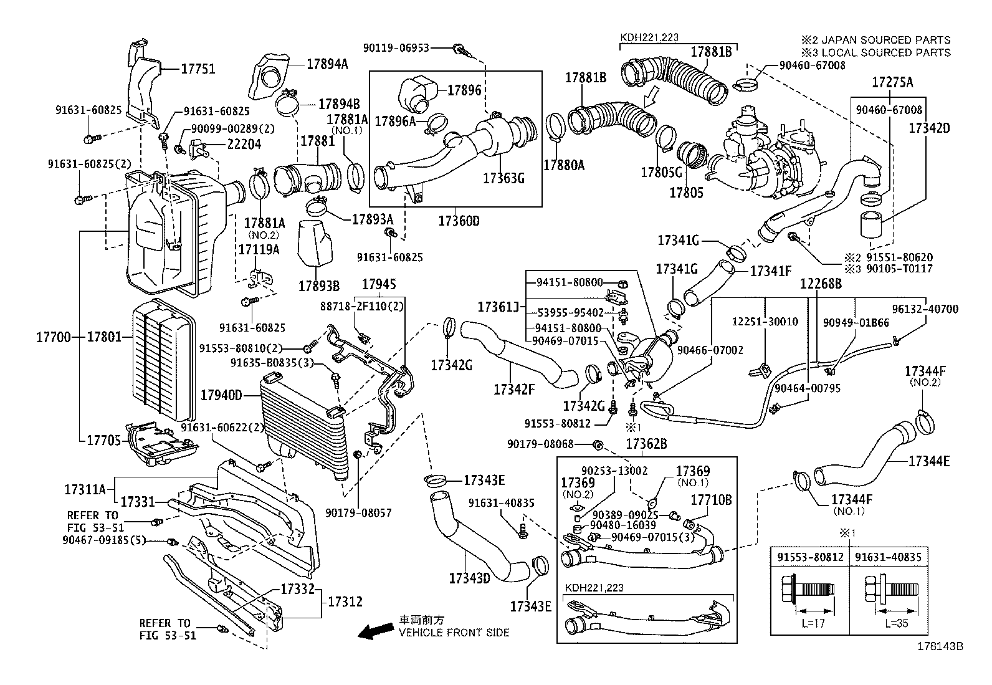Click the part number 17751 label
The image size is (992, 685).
point(198,69)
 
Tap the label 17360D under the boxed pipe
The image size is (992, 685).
point(459,221)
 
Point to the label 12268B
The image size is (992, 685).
point(821,283)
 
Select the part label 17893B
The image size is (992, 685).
point(318,286)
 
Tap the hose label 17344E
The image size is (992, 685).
point(928,461)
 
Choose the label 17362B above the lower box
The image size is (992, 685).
point(646,444)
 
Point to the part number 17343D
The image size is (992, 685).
point(469,578)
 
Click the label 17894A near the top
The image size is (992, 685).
point(327,64)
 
